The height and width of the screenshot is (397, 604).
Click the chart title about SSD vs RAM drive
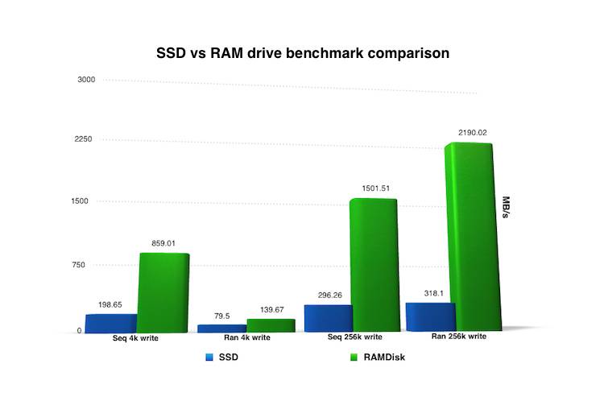302,54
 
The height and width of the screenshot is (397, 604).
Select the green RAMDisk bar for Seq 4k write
164,292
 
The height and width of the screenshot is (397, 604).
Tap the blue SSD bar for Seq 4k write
110,324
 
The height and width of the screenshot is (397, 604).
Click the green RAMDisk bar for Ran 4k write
271,325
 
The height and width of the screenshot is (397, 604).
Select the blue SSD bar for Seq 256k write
328,317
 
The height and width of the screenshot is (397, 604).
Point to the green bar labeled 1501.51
374,264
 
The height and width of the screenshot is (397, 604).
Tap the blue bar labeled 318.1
431,316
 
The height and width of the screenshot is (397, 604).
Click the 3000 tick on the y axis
86,80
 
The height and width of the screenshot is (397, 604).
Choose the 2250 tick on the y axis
85,139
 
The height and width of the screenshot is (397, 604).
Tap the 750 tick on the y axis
87,265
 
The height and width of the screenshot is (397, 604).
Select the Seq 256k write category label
331,337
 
